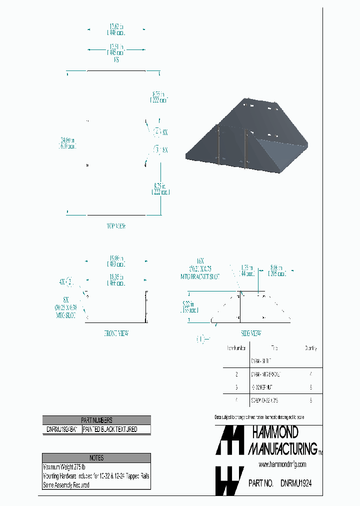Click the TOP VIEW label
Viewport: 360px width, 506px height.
click(116, 226)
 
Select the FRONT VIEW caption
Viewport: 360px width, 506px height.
click(116, 333)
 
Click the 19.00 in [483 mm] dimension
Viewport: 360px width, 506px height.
click(116, 261)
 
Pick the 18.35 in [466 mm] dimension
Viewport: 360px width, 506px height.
click(116, 279)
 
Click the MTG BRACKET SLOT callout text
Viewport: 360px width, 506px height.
click(200, 276)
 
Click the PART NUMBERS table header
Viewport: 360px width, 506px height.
click(96, 420)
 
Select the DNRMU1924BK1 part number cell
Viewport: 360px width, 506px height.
click(62, 429)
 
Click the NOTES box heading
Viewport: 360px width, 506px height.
click(96, 457)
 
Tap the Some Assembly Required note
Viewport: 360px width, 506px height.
click(66, 485)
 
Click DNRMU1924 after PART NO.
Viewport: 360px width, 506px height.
click(299, 484)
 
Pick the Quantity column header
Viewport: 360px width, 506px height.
click(310, 348)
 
